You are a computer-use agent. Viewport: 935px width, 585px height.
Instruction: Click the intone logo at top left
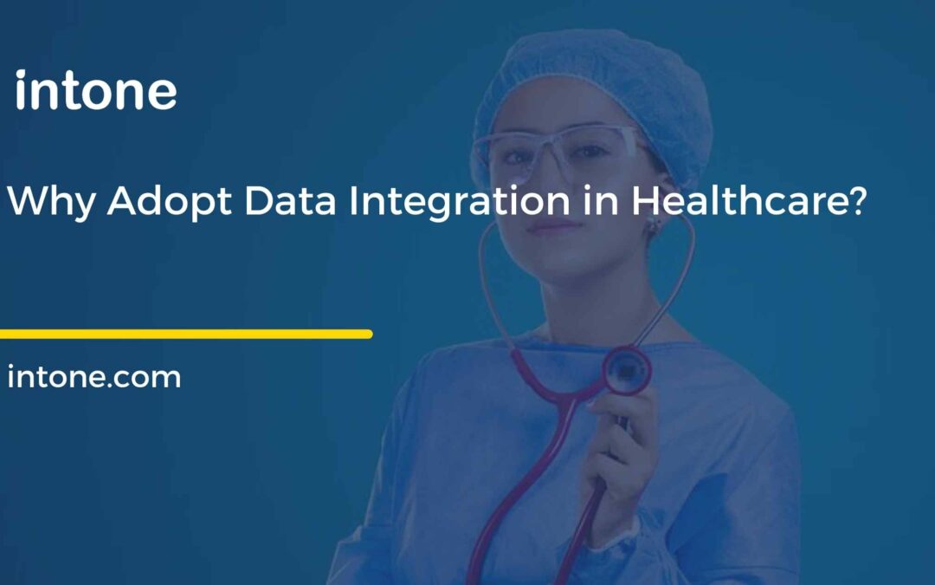(96, 92)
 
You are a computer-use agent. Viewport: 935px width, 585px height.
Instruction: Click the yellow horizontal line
(185, 334)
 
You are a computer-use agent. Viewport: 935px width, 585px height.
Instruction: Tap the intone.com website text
(94, 377)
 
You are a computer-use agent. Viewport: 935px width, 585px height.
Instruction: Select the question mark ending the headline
(855, 202)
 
